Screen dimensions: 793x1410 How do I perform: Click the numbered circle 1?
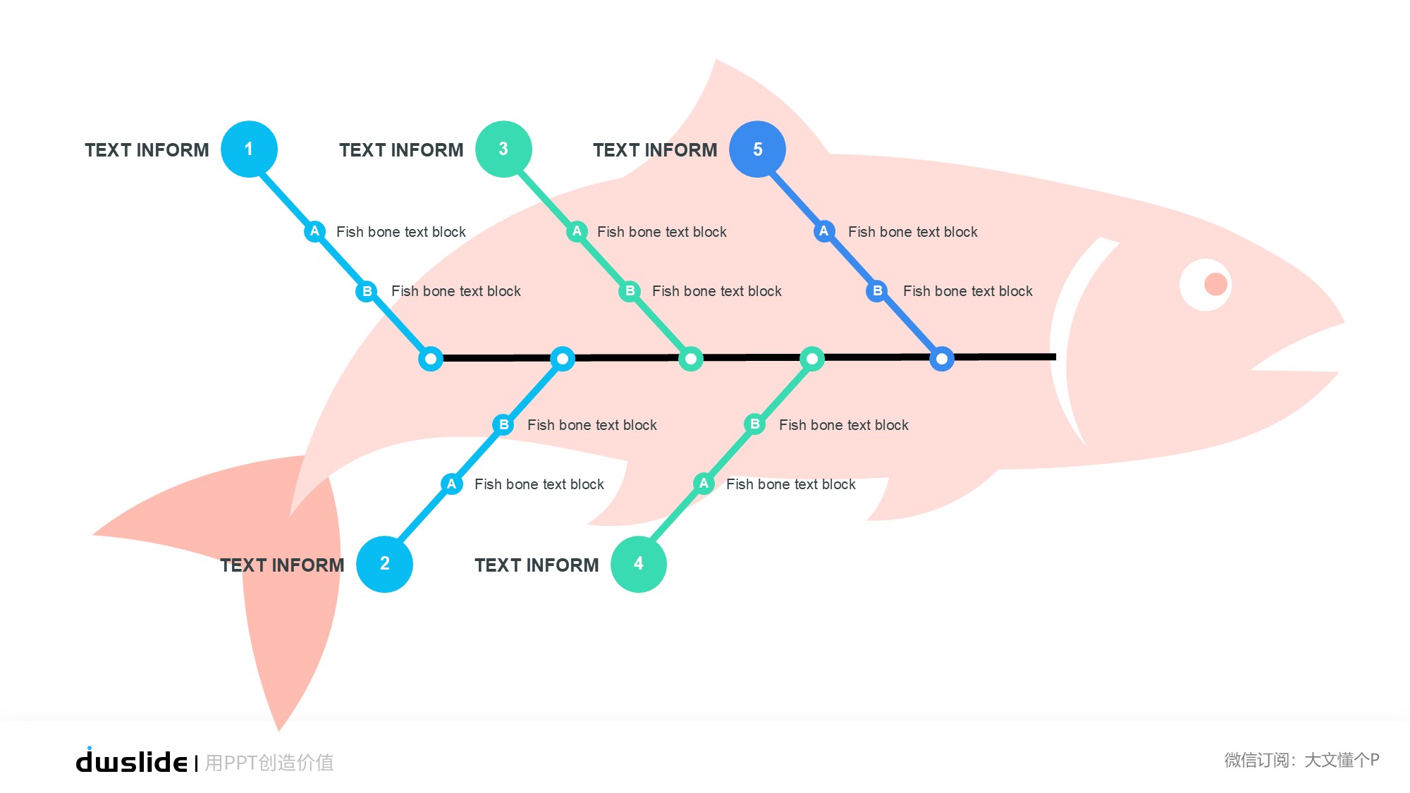pos(249,149)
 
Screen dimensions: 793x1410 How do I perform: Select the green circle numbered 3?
pos(503,149)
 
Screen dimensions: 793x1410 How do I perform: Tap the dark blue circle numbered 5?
pos(757,149)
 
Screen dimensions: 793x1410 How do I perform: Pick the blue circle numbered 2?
pos(384,564)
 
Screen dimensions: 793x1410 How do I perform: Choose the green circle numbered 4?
pos(639,564)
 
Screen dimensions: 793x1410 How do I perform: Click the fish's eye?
pos(1206,285)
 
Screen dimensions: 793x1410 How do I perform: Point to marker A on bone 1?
pos(314,231)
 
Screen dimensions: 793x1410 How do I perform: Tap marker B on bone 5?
pos(877,290)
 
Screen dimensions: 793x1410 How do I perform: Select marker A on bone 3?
pos(577,231)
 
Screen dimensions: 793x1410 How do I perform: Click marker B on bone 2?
pos(503,424)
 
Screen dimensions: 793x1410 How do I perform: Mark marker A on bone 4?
pos(704,484)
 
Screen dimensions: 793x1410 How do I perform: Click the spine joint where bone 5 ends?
pos(942,359)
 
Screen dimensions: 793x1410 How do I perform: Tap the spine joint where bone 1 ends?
pos(431,359)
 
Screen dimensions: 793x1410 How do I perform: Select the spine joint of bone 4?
pos(812,359)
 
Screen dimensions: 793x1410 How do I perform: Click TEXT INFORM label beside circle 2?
pos(282,565)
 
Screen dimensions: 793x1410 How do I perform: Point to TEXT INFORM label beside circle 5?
pos(655,150)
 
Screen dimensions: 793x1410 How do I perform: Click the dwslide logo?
pos(132,761)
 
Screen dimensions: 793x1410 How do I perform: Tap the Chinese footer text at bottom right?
pos(1301,760)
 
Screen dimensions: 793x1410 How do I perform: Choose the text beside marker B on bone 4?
pos(843,425)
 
